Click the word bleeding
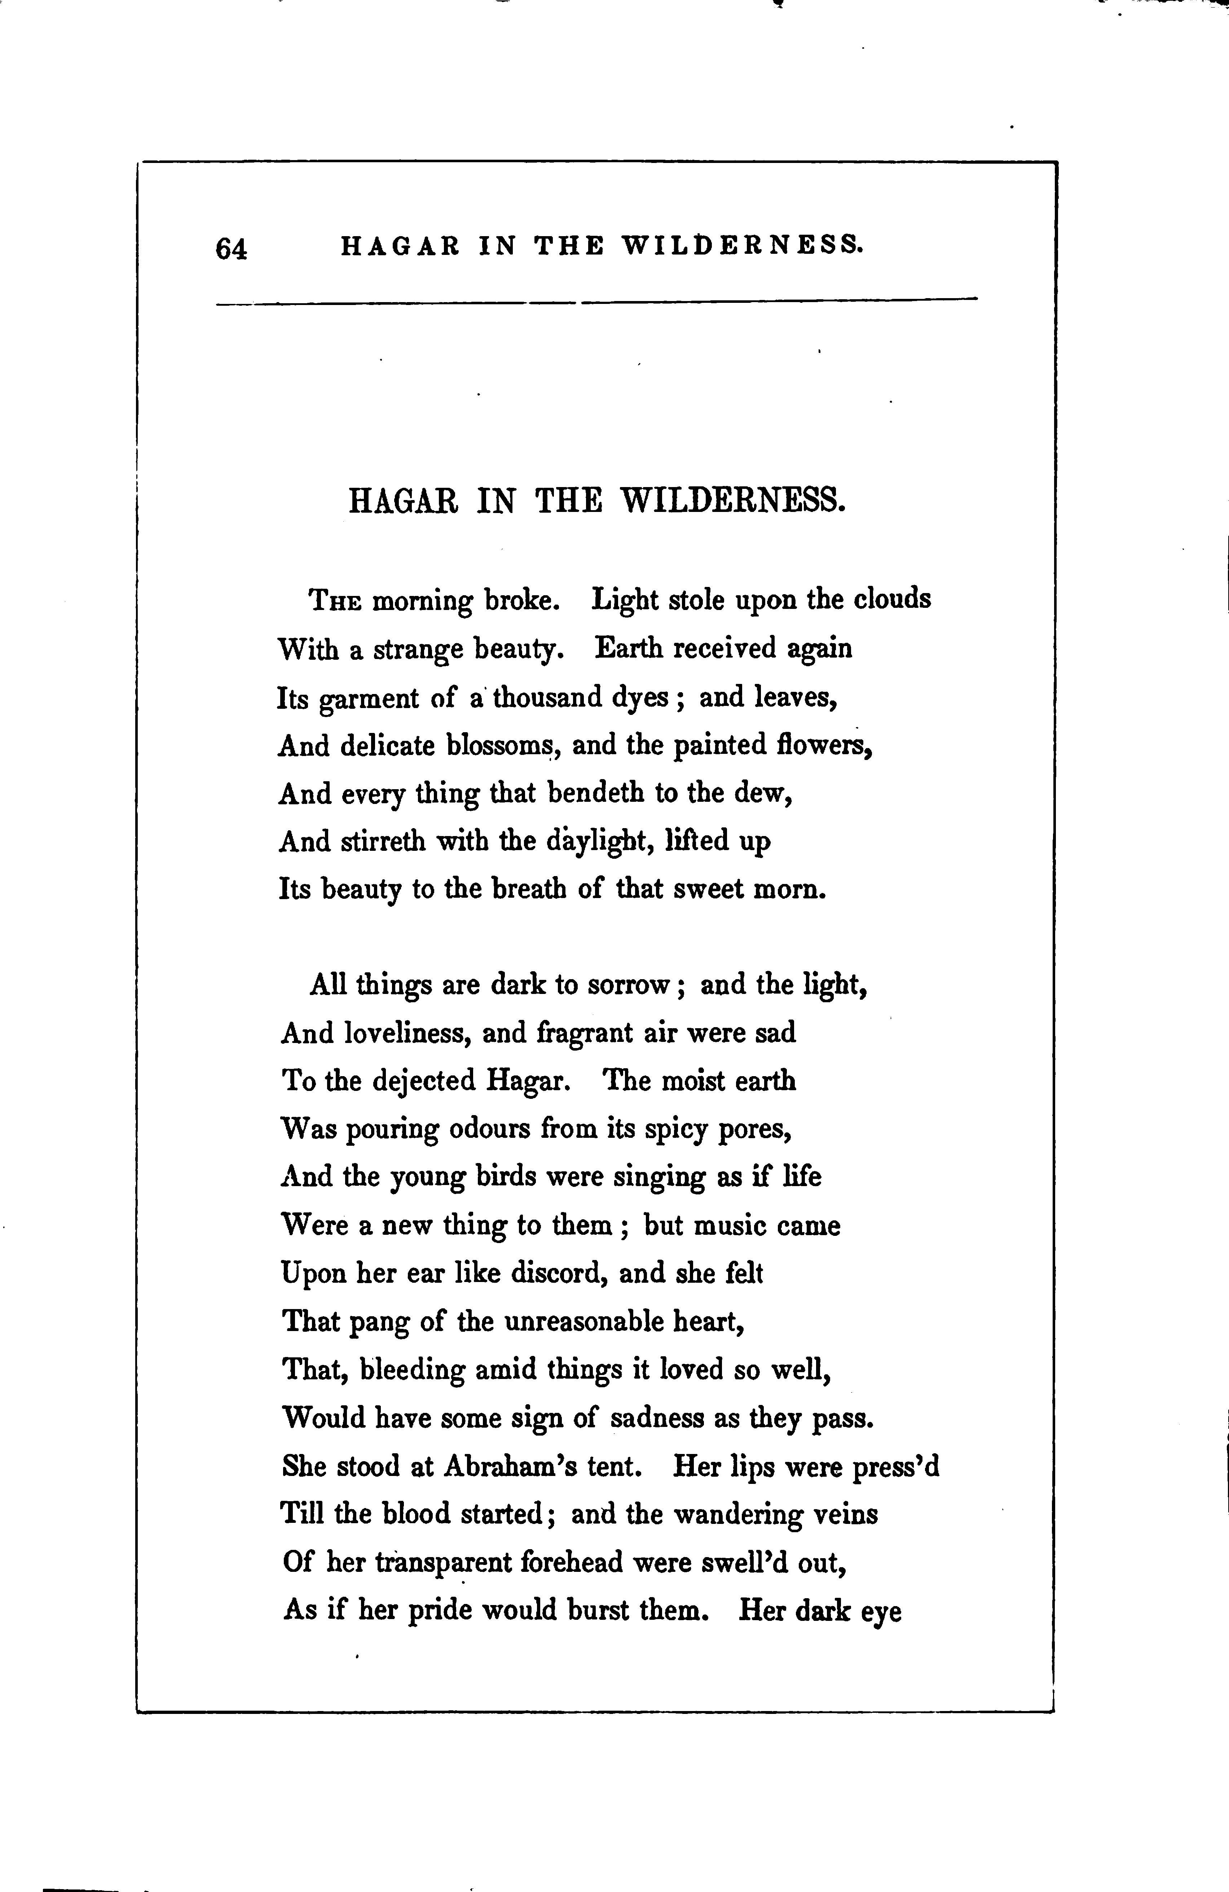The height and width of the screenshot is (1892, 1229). (412, 1370)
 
